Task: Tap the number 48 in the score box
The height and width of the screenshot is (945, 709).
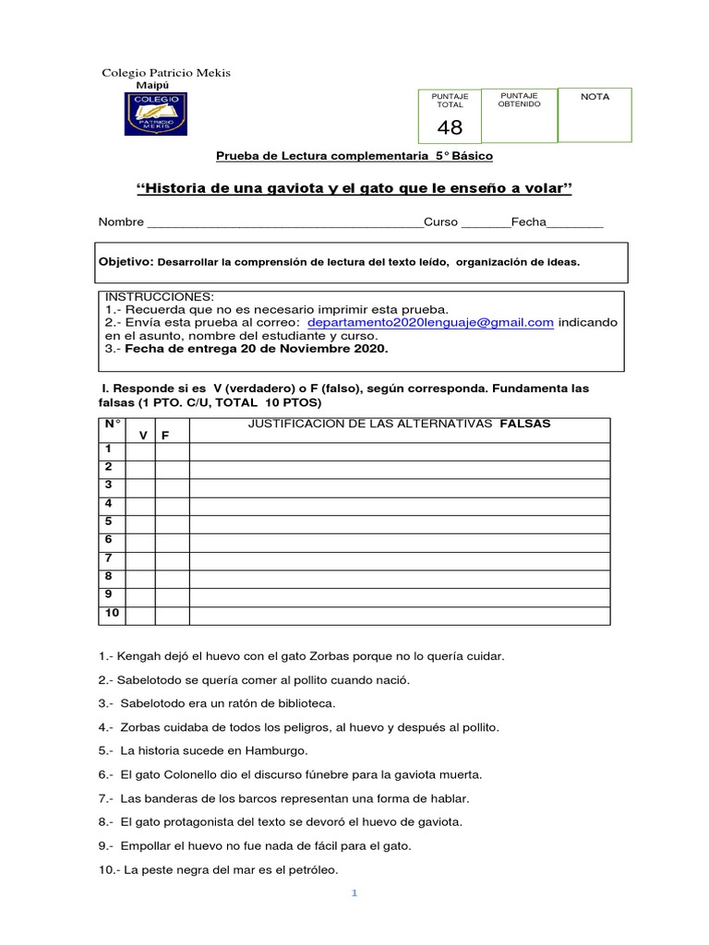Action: [x=450, y=127]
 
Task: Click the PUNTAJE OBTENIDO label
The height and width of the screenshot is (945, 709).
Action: [x=520, y=100]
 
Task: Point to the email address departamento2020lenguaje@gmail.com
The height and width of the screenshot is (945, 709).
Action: [x=430, y=322]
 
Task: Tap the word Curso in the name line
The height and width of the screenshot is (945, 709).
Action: [x=440, y=222]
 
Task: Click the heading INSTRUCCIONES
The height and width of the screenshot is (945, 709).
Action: [x=159, y=295]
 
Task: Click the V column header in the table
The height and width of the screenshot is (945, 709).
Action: [x=143, y=435]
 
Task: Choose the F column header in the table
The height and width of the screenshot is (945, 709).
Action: [x=165, y=435]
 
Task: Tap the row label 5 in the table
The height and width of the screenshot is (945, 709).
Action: [x=109, y=521]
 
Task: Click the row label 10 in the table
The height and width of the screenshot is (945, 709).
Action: [x=112, y=613]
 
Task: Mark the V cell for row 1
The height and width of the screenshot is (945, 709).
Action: [x=140, y=451]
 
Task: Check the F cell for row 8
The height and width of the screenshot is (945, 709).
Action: [x=172, y=579]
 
